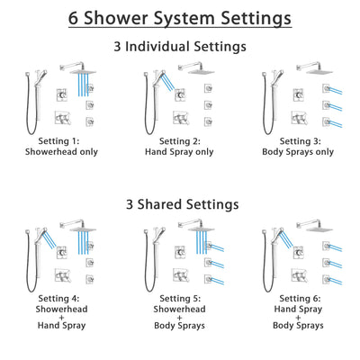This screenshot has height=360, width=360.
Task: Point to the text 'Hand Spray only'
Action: click(x=180, y=154)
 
